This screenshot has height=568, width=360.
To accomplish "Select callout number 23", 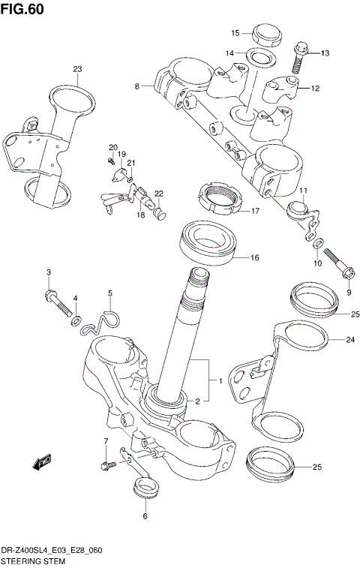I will tap(76, 69).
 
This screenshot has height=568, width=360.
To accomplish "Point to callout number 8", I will tap(137, 87).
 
